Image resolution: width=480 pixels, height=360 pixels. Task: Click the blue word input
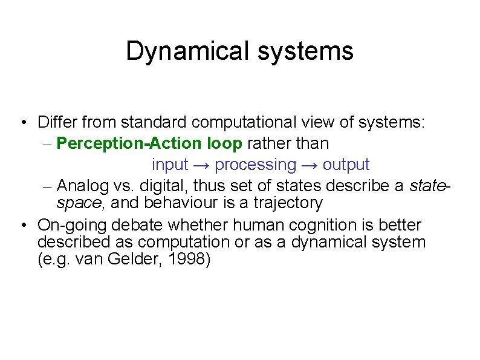170,165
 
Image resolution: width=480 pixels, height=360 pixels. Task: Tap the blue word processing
256,165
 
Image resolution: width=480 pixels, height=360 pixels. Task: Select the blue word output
346,165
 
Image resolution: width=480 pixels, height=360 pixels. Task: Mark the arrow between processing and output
310,165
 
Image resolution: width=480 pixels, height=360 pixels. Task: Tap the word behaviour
185,203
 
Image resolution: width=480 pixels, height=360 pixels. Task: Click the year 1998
189,261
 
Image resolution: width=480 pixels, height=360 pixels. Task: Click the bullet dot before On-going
22,226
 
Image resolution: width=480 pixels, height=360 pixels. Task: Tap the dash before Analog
50,185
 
